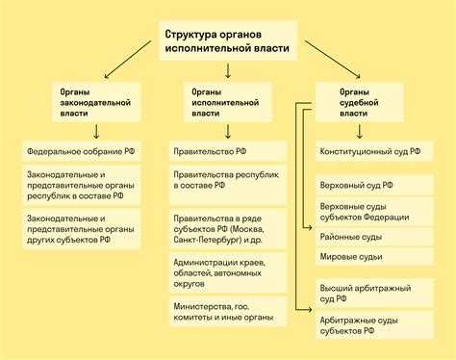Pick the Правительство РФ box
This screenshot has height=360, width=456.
click(228, 151)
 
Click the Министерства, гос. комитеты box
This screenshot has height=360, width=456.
click(228, 310)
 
